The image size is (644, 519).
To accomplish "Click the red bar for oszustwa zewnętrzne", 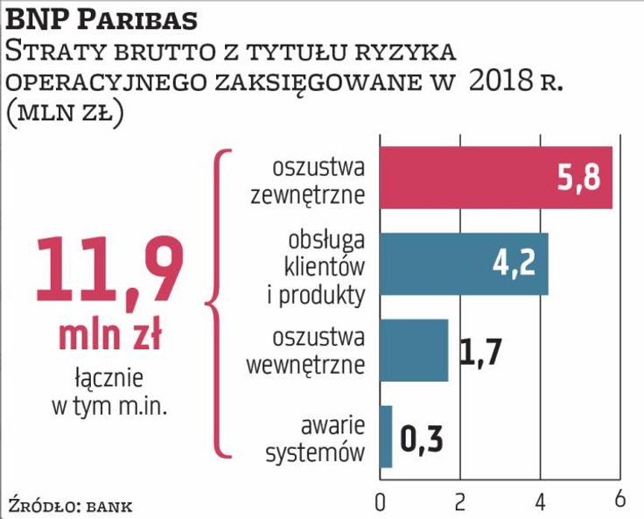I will [495, 179].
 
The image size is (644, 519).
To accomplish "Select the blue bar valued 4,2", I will [464, 264].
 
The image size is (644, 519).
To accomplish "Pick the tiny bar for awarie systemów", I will [386, 436].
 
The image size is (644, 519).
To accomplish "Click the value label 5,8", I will [579, 179].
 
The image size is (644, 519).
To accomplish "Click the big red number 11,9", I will [109, 271].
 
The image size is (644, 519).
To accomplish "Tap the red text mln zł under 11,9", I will [109, 335].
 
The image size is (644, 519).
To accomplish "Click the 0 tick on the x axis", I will [380, 501].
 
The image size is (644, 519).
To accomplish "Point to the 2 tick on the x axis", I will [460, 501].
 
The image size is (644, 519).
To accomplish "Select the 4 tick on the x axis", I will [540, 501].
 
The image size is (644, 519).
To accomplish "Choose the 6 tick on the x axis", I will [619, 501].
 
